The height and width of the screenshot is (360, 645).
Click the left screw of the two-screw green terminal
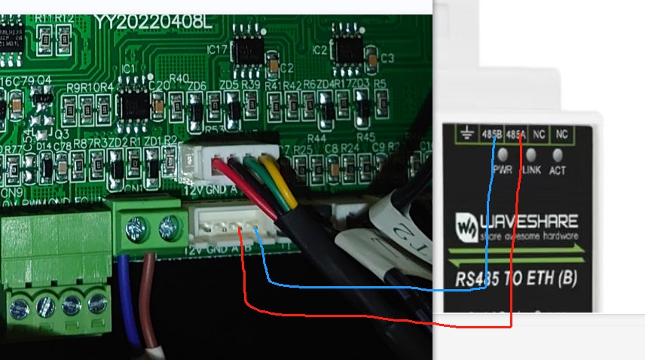point(136,224)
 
